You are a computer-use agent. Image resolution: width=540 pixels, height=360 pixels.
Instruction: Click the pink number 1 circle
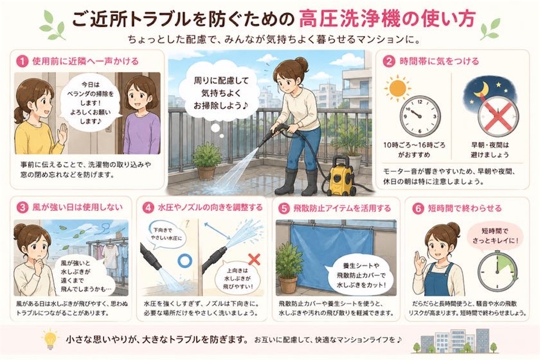(x=22, y=62)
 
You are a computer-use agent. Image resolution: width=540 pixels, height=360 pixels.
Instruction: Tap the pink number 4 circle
(x=148, y=208)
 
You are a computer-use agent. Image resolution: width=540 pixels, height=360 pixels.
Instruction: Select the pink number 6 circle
(x=418, y=208)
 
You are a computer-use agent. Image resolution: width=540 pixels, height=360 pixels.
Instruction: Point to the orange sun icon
(x=398, y=89)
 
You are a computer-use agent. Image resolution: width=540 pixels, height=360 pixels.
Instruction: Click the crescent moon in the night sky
(x=481, y=89)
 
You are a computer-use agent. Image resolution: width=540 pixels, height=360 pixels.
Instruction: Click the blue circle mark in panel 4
(x=185, y=260)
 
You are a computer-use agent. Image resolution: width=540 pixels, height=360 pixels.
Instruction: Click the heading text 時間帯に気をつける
(x=439, y=61)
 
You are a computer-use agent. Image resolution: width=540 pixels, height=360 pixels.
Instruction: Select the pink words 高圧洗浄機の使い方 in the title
(x=388, y=18)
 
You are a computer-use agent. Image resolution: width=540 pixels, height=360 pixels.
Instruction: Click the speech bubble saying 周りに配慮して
(x=221, y=93)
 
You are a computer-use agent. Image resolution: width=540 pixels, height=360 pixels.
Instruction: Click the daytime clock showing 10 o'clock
(x=420, y=116)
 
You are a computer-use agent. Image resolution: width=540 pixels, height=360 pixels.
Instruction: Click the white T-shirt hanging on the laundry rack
(x=110, y=255)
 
